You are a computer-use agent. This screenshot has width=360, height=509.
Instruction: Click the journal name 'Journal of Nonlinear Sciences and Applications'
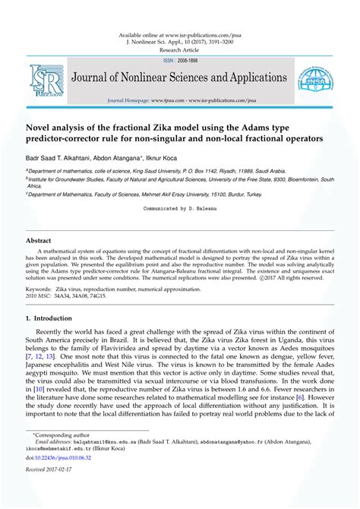pyautogui.click(x=178, y=78)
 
